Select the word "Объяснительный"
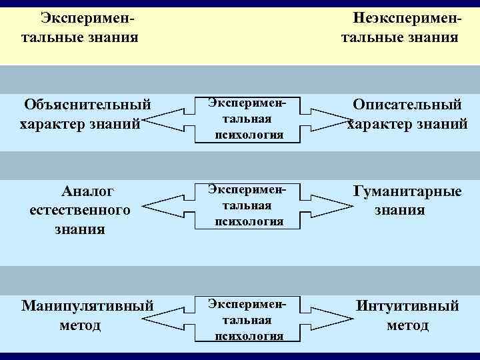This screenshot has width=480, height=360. [87, 105]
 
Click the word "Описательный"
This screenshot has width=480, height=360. [407, 105]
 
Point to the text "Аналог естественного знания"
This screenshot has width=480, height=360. [79, 210]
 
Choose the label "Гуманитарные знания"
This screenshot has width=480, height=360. [407, 201]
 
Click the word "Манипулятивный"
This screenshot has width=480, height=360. [87, 306]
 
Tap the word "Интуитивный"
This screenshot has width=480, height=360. [407, 306]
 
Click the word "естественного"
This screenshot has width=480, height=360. [79, 211]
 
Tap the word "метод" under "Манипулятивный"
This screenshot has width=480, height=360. [79, 325]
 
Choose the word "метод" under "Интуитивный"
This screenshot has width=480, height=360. [407, 325]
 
